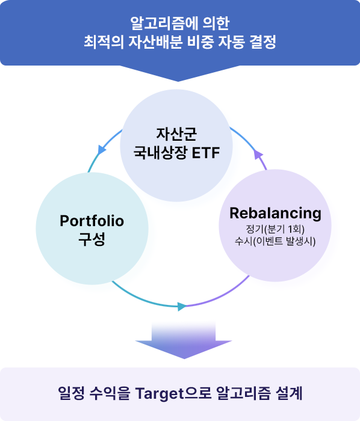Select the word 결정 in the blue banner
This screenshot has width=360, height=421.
(262, 42)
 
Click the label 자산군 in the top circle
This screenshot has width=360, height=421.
(176, 134)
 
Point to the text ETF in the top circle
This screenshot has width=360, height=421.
(206, 153)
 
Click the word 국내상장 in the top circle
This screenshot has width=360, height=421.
(160, 153)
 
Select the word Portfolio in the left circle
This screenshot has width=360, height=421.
(92, 221)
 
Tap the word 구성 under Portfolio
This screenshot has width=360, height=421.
(92, 239)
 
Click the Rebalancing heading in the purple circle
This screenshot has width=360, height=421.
(275, 213)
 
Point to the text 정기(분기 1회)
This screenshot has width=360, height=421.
(275, 229)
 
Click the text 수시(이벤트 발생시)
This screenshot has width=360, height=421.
(275, 241)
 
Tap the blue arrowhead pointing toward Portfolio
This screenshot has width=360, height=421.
(101, 150)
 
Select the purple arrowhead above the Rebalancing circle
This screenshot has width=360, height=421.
(258, 155)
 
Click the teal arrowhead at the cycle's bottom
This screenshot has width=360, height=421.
(182, 306)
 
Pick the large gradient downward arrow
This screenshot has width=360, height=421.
(184, 340)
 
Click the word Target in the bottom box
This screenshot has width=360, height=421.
(160, 393)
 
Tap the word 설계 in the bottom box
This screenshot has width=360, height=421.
(289, 393)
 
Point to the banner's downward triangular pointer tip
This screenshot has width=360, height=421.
(178, 81)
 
